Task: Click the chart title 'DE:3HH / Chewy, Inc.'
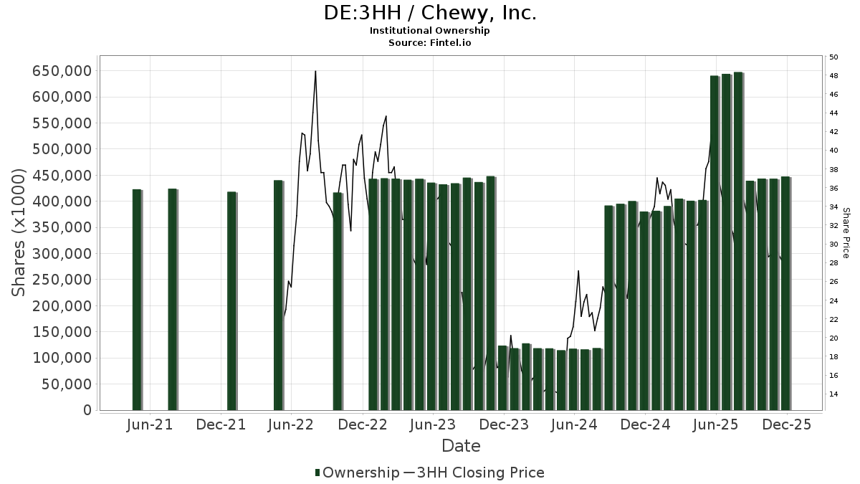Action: [430, 13]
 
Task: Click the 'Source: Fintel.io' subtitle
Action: [430, 43]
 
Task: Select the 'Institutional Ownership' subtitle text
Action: [430, 31]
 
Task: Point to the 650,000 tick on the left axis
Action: [62, 71]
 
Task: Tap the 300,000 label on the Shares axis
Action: [62, 254]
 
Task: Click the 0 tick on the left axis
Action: [87, 410]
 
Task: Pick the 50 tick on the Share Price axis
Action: [833, 57]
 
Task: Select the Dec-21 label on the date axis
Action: [221, 424]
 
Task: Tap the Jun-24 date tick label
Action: [573, 424]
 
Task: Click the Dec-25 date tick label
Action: [786, 424]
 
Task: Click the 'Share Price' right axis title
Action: [846, 233]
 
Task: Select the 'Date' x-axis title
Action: [461, 446]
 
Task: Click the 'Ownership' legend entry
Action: [357, 473]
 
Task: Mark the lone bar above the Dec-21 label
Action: [231, 301]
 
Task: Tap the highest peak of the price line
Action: [315, 72]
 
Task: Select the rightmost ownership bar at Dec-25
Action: [785, 294]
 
